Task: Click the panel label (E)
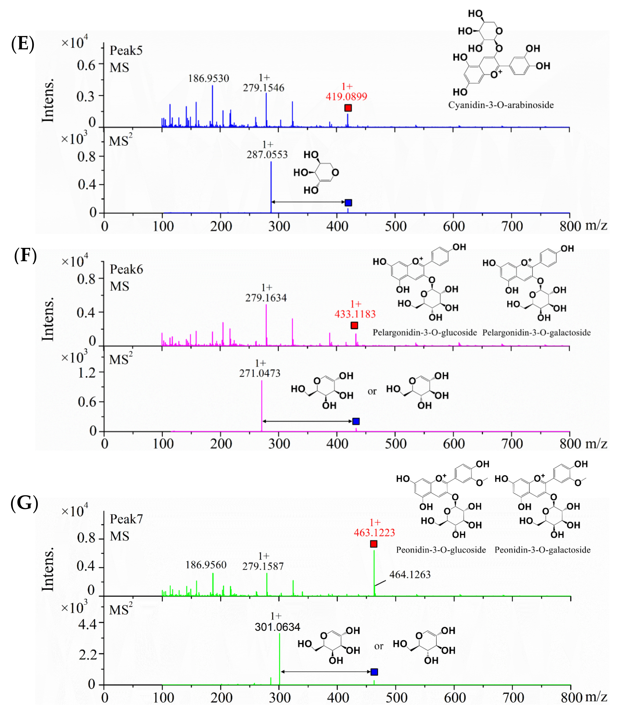23,44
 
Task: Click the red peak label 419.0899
346,96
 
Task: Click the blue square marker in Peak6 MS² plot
356,421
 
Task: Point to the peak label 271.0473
260,373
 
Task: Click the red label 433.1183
355,314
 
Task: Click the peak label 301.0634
278,627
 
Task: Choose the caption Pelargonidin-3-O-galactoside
536,332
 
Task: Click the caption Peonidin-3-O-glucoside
441,550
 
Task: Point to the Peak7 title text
126,519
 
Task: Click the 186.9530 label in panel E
209,78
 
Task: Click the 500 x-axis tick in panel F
395,444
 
